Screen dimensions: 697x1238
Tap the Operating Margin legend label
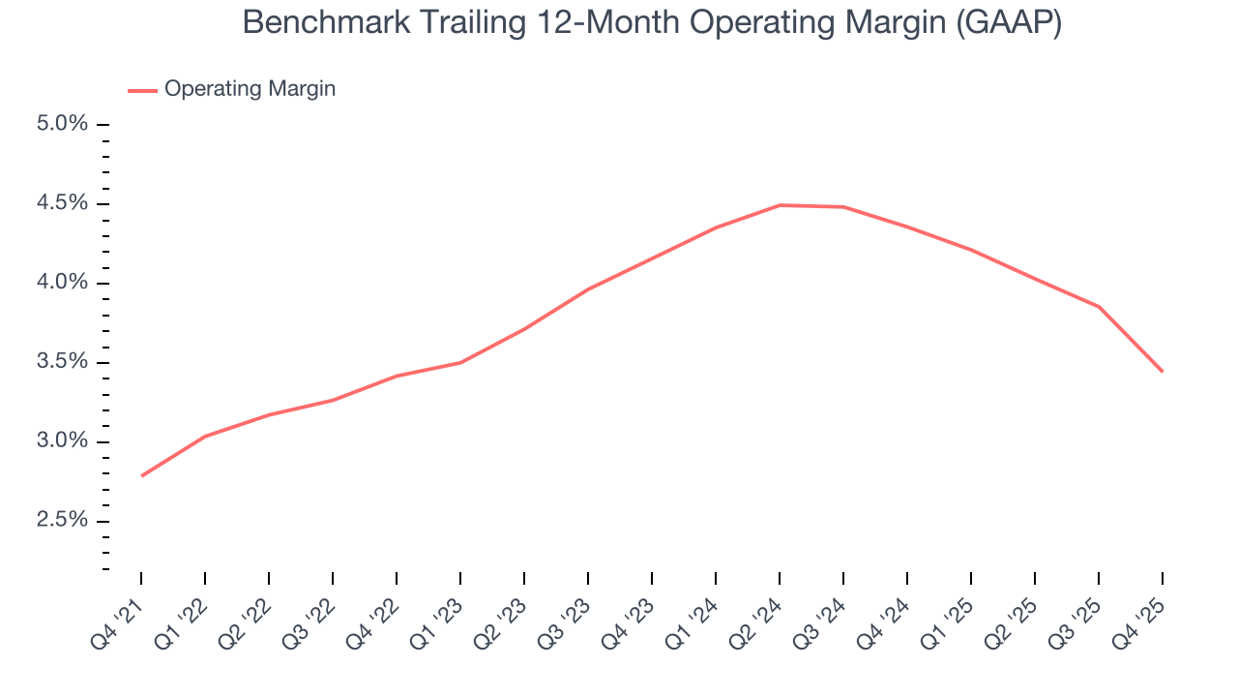[x=250, y=89]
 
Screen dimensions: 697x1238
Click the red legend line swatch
[x=142, y=90]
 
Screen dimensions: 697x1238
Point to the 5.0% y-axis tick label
[x=63, y=124]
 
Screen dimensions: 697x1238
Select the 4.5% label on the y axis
[x=63, y=203]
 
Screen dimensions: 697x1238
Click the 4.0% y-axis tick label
[x=63, y=283]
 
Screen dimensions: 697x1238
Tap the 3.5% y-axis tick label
[x=63, y=362]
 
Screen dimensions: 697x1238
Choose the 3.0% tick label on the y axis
[x=63, y=441]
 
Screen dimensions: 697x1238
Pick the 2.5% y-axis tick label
[x=63, y=521]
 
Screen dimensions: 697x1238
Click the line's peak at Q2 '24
[x=780, y=205]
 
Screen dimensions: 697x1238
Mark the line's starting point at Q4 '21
[x=141, y=476]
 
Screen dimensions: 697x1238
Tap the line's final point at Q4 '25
[x=1163, y=372]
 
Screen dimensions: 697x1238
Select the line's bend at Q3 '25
[x=1099, y=307]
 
